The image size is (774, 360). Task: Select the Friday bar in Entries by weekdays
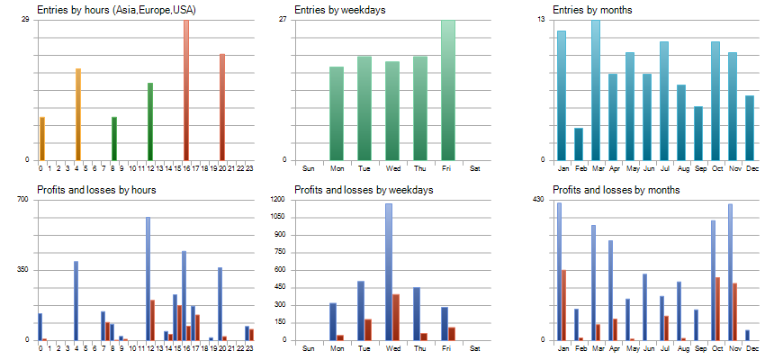448,90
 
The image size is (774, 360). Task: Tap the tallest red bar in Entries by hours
186,90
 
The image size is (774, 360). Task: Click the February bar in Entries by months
579,144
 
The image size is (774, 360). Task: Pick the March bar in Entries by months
596,90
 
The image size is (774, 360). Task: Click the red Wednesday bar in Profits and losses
396,317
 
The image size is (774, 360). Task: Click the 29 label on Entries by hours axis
25,19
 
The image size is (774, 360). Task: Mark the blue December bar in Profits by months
747,335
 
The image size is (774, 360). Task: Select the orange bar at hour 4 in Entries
78,114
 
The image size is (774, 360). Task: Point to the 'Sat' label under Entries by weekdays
474,168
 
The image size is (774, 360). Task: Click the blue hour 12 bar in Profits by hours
148,279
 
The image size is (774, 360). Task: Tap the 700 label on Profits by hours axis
23,199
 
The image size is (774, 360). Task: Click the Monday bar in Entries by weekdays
337,113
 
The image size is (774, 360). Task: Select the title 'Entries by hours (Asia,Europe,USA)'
117,10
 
